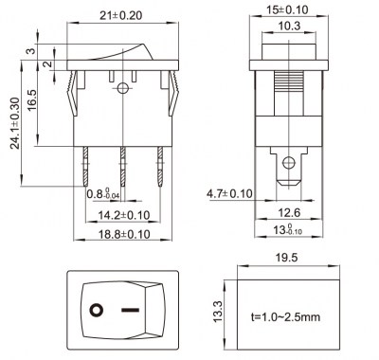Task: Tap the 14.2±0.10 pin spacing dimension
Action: [x=124, y=215]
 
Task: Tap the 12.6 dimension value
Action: [x=291, y=212]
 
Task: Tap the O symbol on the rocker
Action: [x=96, y=310]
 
